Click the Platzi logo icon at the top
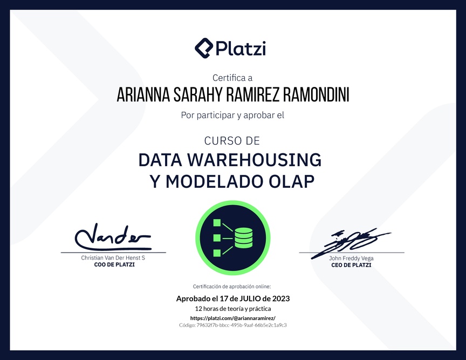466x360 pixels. [204, 48]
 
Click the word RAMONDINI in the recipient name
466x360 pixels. [316, 95]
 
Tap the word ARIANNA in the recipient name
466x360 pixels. [143, 95]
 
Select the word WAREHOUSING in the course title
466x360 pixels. [255, 160]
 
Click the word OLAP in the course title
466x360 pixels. [291, 181]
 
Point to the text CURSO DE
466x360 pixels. [232, 141]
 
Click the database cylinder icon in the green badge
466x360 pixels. [244, 237]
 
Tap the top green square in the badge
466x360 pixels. [217, 223]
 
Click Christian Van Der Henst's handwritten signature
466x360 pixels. [113, 237]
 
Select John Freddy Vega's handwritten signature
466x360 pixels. [351, 242]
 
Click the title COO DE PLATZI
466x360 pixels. [114, 264]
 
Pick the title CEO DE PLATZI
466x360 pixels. [351, 265]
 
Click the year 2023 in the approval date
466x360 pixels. [281, 298]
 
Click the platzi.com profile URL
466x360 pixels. [232, 318]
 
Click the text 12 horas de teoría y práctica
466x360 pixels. [232, 309]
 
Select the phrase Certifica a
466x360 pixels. [232, 78]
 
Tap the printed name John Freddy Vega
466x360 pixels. [351, 258]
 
